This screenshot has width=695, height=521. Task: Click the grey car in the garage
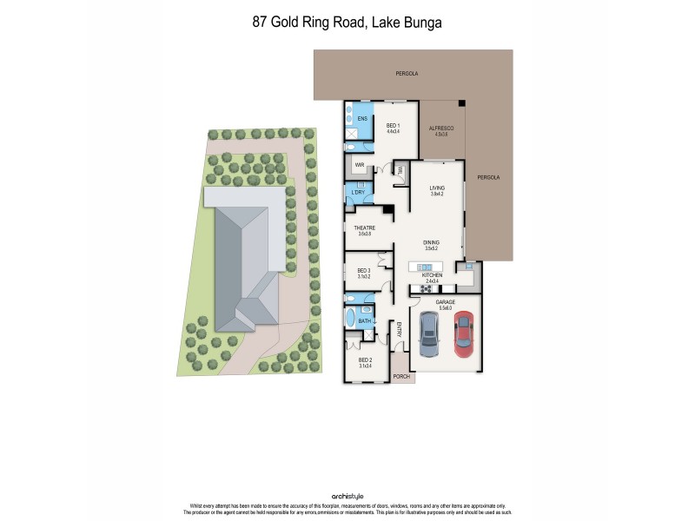click(x=429, y=335)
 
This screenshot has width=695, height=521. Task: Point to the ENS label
click(x=362, y=118)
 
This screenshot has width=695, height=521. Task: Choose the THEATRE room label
click(x=364, y=228)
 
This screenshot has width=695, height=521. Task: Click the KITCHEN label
click(x=433, y=275)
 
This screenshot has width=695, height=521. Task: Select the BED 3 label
click(x=364, y=271)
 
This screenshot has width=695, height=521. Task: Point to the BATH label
click(x=365, y=321)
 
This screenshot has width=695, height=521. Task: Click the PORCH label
click(x=400, y=376)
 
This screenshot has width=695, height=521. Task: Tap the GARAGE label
click(x=446, y=302)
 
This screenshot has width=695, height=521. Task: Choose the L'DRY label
click(x=357, y=192)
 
